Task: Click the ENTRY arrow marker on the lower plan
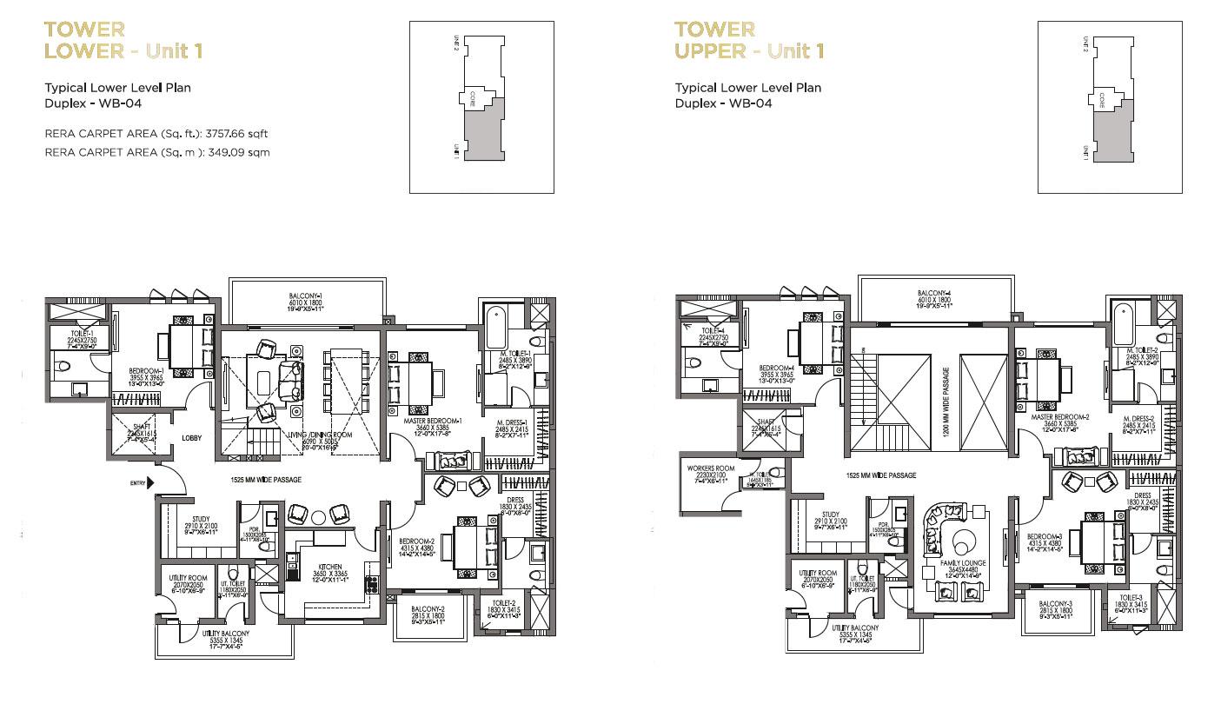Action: (x=152, y=482)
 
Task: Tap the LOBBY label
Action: (x=191, y=438)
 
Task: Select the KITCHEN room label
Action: (x=329, y=565)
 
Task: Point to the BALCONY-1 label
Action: (x=305, y=297)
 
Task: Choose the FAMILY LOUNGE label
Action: (x=962, y=563)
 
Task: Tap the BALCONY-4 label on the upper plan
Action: (x=934, y=293)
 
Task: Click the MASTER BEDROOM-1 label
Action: (x=432, y=422)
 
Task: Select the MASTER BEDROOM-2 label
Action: (x=1059, y=417)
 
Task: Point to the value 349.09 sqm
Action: (x=245, y=152)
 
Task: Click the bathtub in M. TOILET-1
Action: (x=494, y=328)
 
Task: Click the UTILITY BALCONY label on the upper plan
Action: (x=854, y=628)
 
